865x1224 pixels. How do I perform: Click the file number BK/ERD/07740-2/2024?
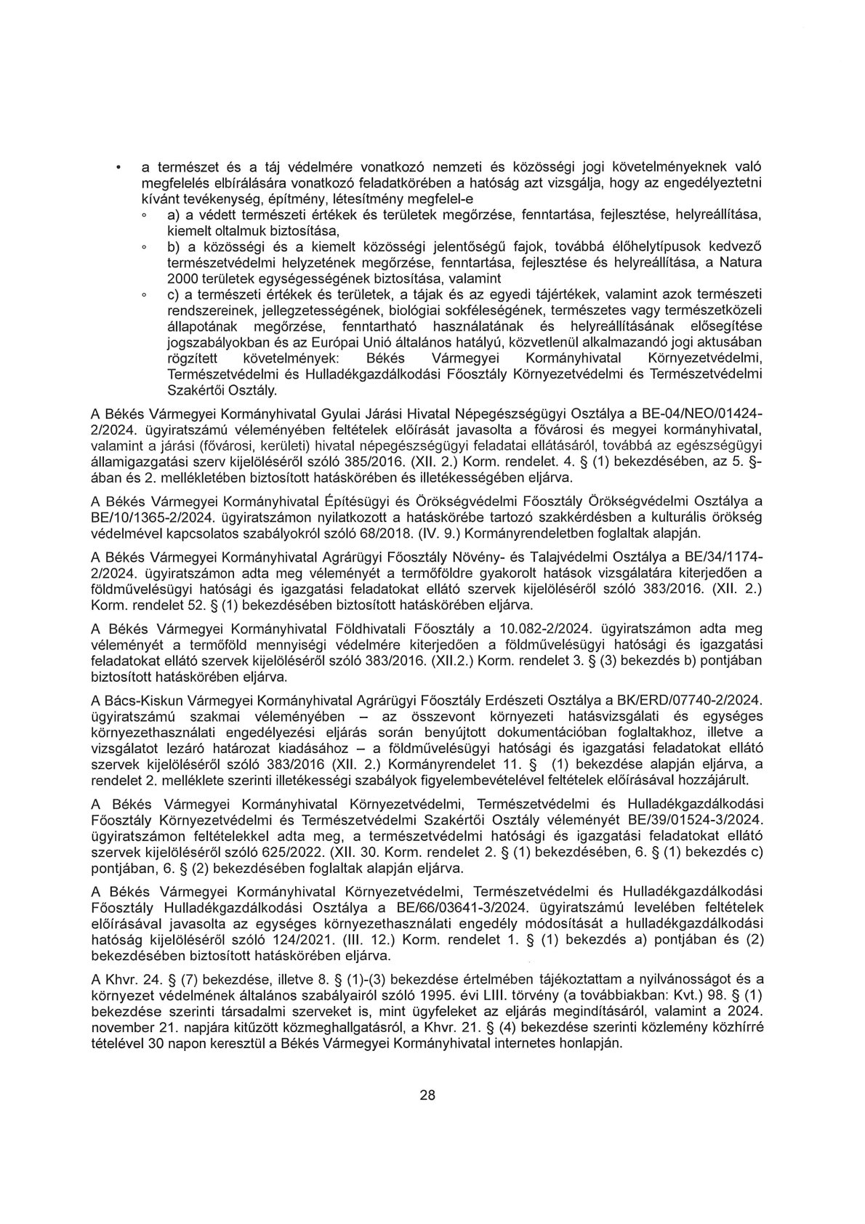pyautogui.click(x=686, y=700)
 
